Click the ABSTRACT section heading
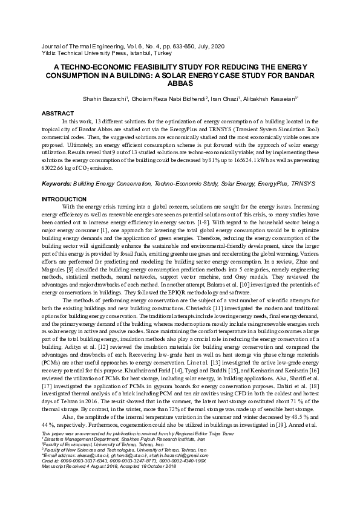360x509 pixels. coord(57,113)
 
